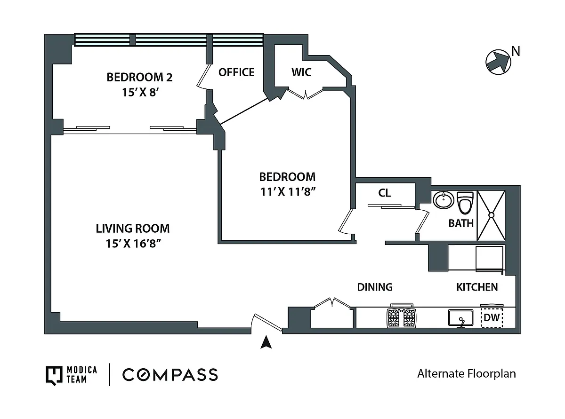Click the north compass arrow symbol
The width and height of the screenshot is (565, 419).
click(498, 62)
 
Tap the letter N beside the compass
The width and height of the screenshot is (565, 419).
click(516, 51)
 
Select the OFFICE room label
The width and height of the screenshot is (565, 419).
click(236, 72)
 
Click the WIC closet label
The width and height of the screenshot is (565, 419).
click(301, 72)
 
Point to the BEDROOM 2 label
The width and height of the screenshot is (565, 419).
click(139, 77)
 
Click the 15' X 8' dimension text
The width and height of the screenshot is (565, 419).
click(140, 92)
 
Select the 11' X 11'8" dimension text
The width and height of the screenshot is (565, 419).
click(288, 192)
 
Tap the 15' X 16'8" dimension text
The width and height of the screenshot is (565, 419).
click(133, 244)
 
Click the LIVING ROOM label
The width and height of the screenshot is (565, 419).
click(133, 229)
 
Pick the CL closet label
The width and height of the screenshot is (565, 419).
click(384, 193)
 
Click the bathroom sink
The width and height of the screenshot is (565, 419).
click(443, 200)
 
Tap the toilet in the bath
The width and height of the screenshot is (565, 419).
click(465, 203)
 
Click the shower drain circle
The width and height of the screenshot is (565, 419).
click(491, 215)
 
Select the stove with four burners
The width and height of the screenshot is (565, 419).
click(402, 317)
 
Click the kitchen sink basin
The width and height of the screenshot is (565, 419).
click(460, 317)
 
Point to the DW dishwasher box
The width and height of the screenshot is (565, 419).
click(492, 317)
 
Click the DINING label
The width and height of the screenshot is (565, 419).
click(375, 287)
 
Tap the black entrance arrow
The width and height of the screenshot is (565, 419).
click(266, 342)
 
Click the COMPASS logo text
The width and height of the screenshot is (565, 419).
click(170, 374)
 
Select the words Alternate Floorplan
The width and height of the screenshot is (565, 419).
click(467, 374)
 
